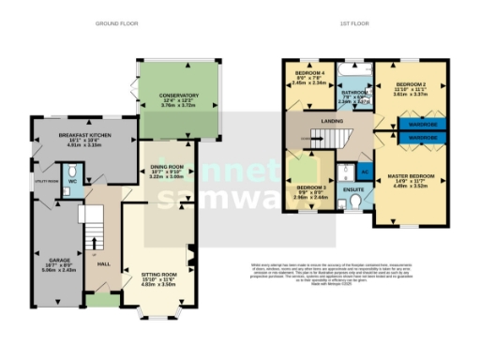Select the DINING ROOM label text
tap(165, 168)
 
